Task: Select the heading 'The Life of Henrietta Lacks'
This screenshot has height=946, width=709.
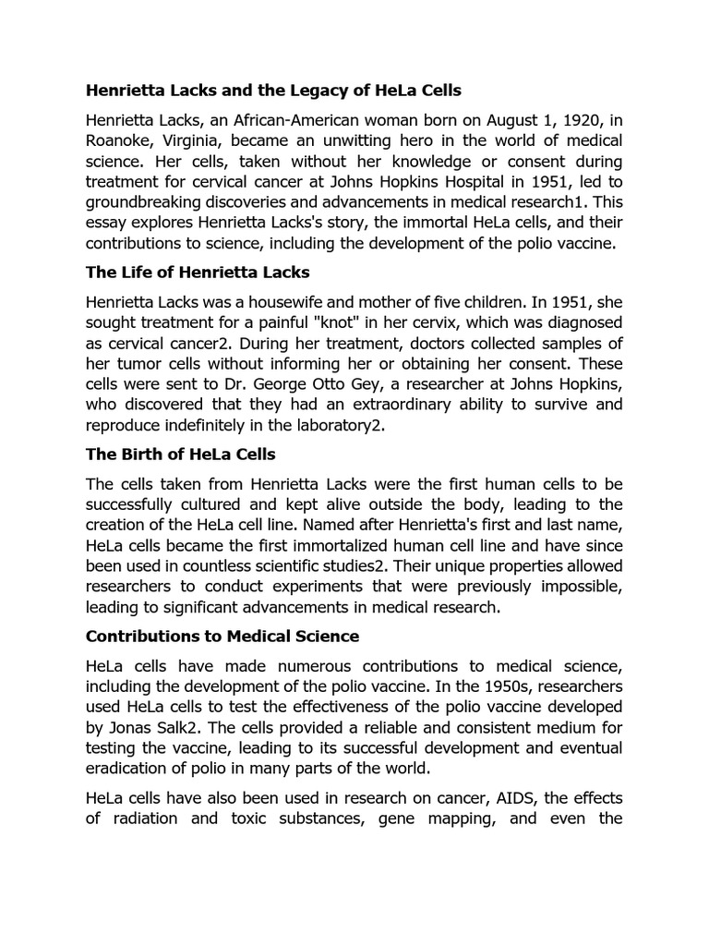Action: tap(198, 272)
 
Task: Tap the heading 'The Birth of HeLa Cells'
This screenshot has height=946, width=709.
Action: tap(180, 455)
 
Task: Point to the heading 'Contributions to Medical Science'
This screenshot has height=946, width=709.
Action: tap(222, 637)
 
